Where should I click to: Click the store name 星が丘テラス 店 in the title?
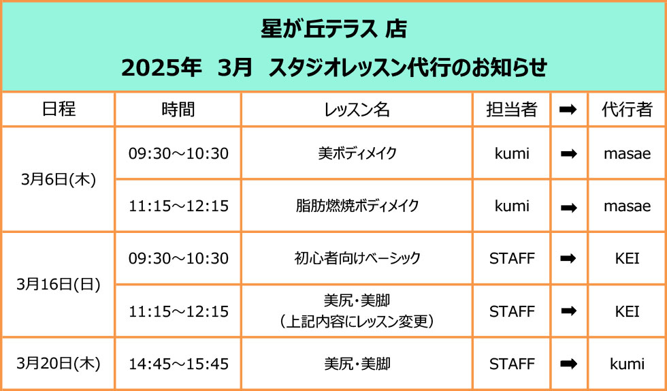[334, 30]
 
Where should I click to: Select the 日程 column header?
[59, 110]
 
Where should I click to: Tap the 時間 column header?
[178, 110]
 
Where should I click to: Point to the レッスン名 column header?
[357, 110]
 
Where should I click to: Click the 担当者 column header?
[512, 110]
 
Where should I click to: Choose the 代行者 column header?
[627, 110]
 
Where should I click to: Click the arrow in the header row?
[569, 110]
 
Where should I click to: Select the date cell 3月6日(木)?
[59, 180]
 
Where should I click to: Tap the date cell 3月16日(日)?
[59, 285]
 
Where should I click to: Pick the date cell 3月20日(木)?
[59, 364]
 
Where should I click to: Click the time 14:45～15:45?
[178, 364]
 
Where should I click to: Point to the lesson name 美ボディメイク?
[357, 153]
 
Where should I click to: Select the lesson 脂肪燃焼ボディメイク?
[357, 206]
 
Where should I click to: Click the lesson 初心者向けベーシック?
[357, 258]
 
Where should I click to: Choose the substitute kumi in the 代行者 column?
[627, 364]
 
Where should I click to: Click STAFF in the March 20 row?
[512, 364]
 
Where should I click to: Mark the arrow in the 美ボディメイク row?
[569, 154]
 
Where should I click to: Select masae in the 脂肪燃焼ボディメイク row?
[627, 206]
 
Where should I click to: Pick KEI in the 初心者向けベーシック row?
[627, 259]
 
